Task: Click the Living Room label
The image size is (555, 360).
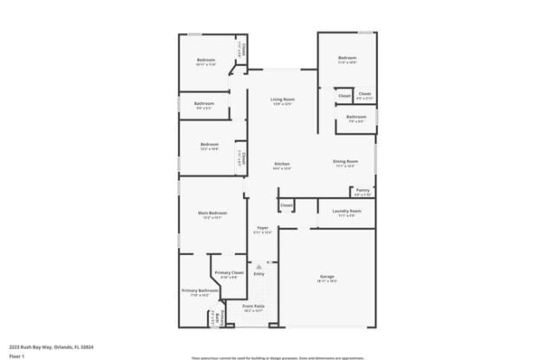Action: coord(284,100)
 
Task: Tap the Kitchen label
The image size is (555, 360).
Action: coord(282,164)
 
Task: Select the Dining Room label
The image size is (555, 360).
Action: coord(344,161)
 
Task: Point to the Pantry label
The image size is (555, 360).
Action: coord(362,190)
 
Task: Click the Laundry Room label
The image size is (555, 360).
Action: coord(346,211)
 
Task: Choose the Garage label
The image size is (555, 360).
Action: coord(327,277)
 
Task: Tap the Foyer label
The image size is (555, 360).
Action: coord(263,227)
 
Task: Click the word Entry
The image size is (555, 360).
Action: coord(258,274)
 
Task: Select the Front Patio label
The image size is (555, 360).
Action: coord(253,305)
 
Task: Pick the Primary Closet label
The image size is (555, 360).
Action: coord(229,272)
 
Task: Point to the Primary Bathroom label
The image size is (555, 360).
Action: coord(199,291)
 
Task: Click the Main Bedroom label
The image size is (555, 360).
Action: coord(212,213)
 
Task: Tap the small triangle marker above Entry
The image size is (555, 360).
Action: coord(258,265)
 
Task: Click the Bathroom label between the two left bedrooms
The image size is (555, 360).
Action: coord(205,103)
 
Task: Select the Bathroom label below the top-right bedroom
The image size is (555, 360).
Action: coord(356,116)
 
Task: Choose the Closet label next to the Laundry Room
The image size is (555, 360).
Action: coord(286,206)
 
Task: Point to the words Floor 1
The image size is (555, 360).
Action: coord(16,356)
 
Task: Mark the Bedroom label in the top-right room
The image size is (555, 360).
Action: coord(347,58)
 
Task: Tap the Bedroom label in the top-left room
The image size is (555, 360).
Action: coord(206,60)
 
